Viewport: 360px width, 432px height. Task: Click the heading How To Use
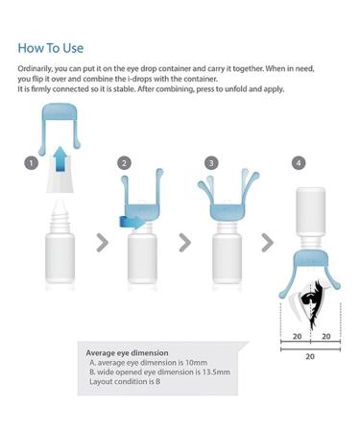point(52,46)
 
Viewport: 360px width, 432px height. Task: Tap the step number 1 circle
point(33,164)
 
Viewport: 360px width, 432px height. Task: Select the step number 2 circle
point(124,164)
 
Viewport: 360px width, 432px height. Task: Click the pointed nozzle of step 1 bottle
point(60,198)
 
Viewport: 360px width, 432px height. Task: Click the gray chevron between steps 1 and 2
point(102,242)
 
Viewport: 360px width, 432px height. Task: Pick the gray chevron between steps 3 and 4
point(271,242)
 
